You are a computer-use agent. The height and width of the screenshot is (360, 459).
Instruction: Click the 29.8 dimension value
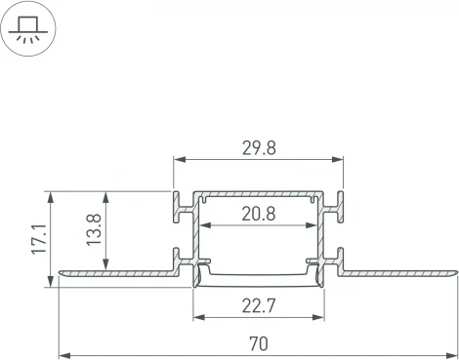258,147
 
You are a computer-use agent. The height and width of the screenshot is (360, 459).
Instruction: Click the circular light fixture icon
29,29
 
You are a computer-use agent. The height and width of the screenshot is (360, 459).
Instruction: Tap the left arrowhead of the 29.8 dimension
180,160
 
